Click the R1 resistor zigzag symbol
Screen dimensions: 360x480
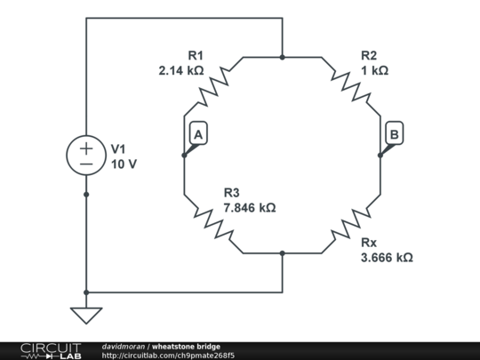pos(213,84)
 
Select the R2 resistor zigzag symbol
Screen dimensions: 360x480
pos(350,84)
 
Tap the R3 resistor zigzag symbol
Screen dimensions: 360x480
pos(213,225)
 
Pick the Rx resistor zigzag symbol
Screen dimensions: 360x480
pos(350,225)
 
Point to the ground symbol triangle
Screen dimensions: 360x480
pos(86,315)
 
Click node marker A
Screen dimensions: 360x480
pos(198,134)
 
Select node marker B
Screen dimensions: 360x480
pos(395,134)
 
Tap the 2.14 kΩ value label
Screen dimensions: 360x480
pos(181,70)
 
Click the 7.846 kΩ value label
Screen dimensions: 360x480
pos(249,207)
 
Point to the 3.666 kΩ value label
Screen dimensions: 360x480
pos(387,257)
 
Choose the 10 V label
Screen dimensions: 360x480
pos(124,164)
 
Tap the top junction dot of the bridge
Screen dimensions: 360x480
pos(282,57)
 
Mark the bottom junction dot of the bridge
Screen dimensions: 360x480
pos(282,253)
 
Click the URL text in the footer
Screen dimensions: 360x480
pos(168,356)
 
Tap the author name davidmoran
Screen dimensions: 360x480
pos(124,346)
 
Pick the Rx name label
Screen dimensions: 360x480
pos(368,242)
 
